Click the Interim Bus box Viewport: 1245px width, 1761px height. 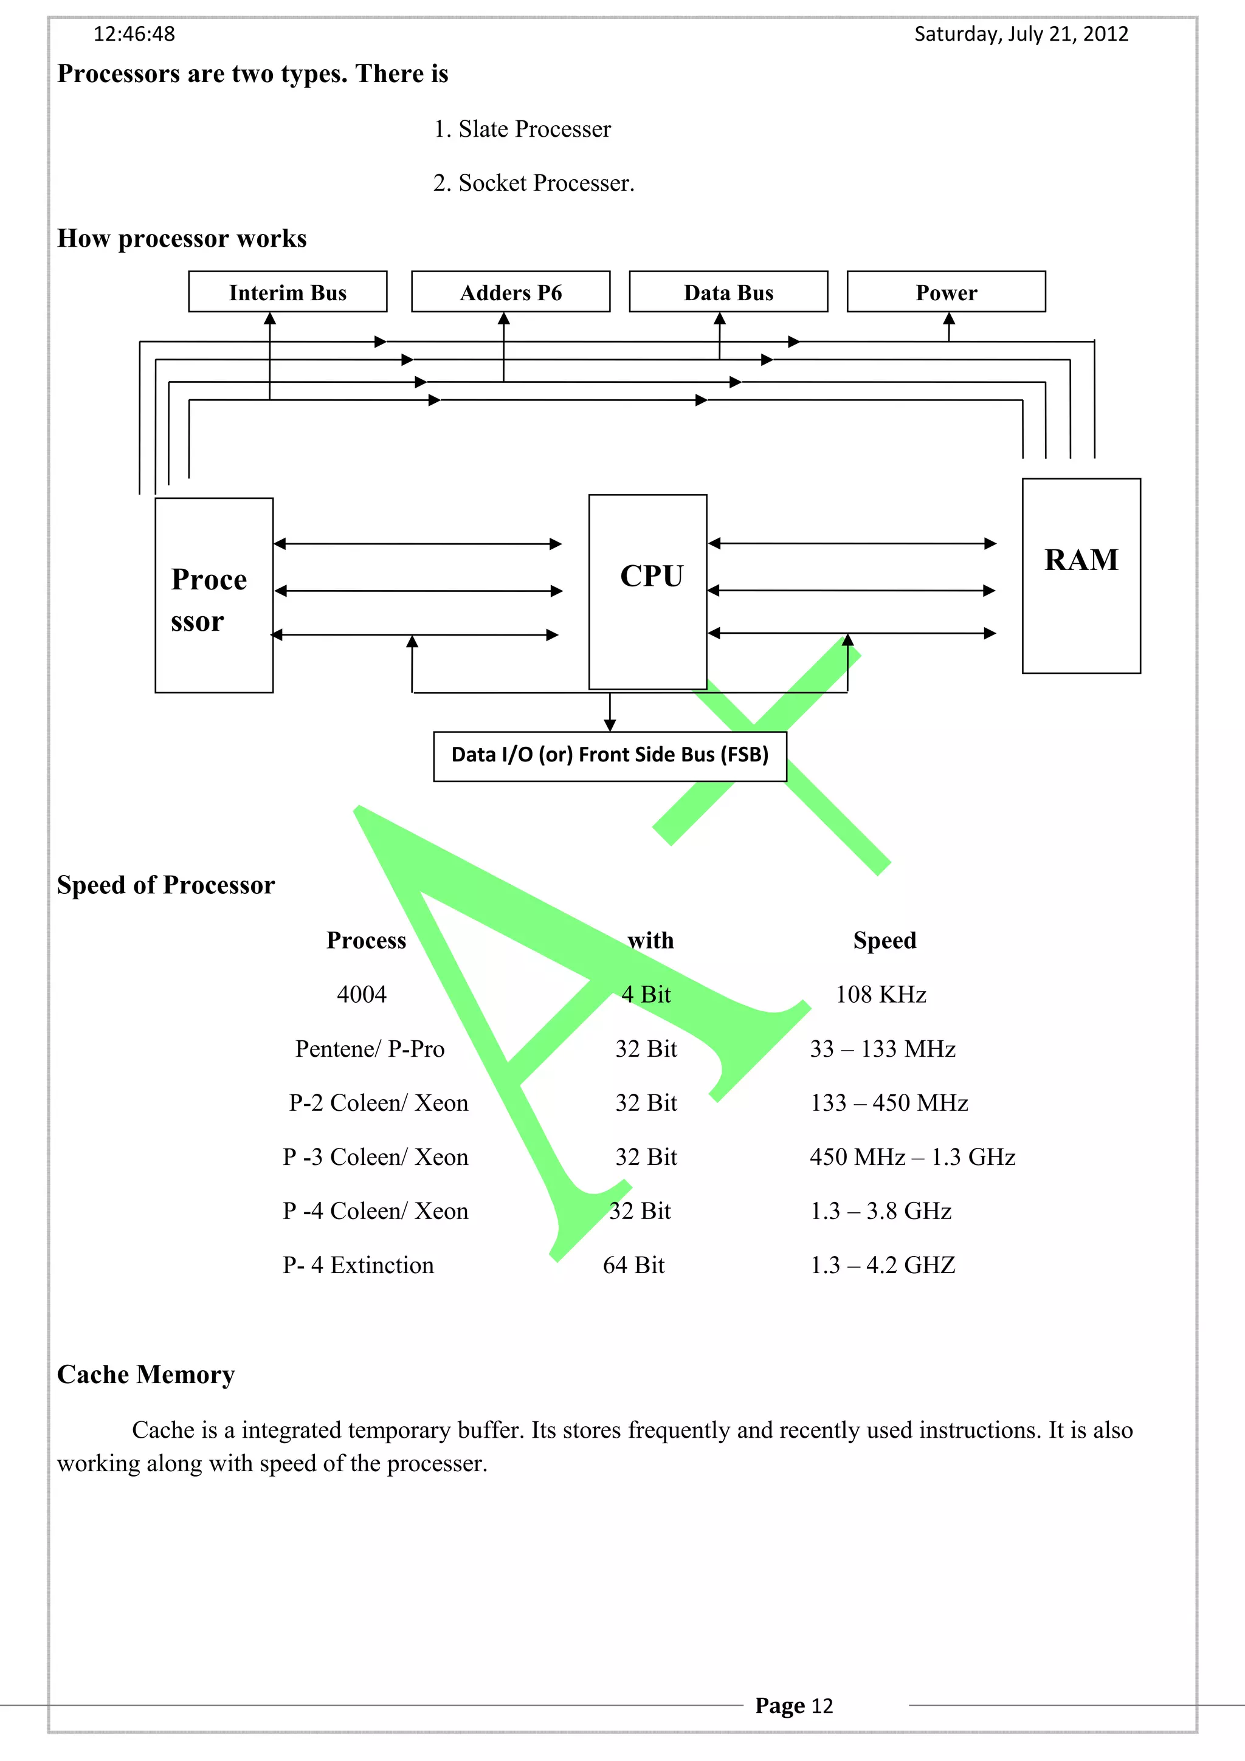tap(288, 292)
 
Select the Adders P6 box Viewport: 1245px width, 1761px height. tap(510, 292)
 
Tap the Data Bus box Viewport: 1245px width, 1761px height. tap(728, 292)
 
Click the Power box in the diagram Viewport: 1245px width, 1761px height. tap(946, 292)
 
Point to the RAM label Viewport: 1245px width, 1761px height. tap(1080, 560)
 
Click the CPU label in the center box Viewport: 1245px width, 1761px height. tap(650, 576)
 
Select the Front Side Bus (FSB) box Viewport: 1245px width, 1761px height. tap(610, 755)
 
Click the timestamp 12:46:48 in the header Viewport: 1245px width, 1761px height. tap(134, 35)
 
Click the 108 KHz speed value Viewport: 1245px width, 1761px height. tap(881, 995)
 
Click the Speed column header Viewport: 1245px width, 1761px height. tap(885, 940)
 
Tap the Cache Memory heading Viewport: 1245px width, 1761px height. tap(146, 1375)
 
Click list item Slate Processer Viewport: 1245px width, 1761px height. tap(522, 129)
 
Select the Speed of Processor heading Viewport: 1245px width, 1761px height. tap(166, 885)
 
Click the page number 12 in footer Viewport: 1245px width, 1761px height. tap(821, 1706)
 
